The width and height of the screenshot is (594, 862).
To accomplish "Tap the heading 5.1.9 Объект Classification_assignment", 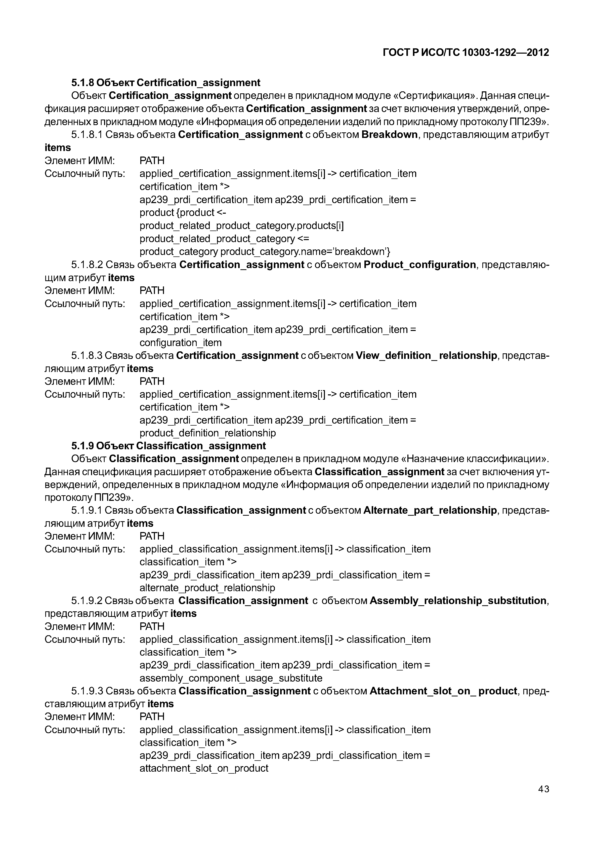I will point(168,446).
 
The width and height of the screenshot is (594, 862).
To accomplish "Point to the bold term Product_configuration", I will point(420,265).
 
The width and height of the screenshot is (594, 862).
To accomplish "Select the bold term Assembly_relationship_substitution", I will point(458,601).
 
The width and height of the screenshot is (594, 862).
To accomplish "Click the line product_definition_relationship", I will point(208,433).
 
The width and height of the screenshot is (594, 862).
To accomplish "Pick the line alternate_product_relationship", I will point(207,588).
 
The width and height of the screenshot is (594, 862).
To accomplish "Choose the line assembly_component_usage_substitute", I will point(231,678).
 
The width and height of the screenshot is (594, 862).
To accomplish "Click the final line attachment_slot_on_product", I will point(204,768).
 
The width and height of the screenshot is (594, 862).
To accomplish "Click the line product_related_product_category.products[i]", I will point(241,226).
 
